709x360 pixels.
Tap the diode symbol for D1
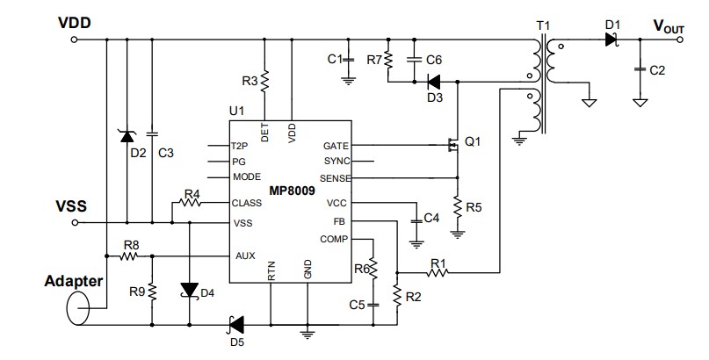pos(612,40)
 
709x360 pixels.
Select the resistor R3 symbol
pos(264,81)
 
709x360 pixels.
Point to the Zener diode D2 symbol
pos(127,135)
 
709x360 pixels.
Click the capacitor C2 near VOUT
pos(641,68)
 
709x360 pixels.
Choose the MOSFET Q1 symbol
pos(452,145)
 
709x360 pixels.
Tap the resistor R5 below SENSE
pos(457,207)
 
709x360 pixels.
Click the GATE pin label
pos(336,146)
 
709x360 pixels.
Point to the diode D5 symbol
pos(235,324)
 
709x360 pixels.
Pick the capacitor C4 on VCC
pos(415,217)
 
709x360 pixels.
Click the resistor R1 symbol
pos(437,273)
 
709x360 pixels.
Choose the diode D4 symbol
pos(189,290)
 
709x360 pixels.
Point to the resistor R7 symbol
pos(387,61)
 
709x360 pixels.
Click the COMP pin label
pos(334,239)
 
